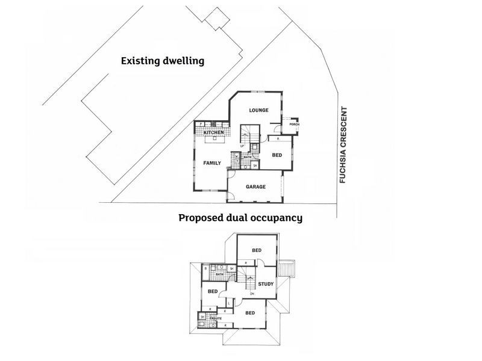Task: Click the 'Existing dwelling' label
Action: [162, 61]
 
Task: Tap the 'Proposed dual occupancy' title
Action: [240, 218]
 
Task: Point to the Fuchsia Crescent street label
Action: [343, 145]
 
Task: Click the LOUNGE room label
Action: [258, 110]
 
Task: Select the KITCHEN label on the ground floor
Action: [213, 132]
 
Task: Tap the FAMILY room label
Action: [212, 162]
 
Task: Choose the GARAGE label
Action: [256, 187]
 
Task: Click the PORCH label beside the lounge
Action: [295, 125]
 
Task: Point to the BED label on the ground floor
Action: [277, 155]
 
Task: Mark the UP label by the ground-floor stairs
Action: [242, 146]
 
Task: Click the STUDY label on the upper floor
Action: [266, 283]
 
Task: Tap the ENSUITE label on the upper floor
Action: [215, 318]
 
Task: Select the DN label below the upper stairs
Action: [252, 294]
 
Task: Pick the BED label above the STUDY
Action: [256, 250]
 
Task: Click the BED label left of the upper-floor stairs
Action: [212, 291]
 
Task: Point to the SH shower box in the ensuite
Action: [202, 317]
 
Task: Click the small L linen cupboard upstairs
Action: [230, 303]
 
